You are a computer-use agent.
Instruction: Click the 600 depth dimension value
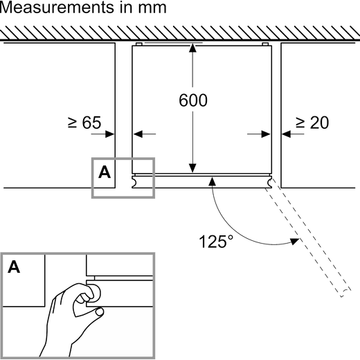pos(193,100)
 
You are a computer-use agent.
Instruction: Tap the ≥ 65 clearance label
pos(84,123)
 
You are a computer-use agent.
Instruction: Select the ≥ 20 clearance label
pos(312,123)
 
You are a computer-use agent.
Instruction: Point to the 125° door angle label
pos(216,242)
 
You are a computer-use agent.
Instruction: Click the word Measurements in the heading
pos(57,7)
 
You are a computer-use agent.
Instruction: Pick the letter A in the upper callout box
pos(105,172)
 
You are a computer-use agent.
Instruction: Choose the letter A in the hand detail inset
pos(14,267)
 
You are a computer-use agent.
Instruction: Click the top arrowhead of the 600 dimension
pos(192,48)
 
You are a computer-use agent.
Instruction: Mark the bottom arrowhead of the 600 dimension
pos(192,168)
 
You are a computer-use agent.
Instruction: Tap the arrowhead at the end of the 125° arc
pos(295,242)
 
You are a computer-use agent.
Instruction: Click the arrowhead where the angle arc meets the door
pos(212,181)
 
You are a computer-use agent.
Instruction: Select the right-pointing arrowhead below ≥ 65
pos(109,134)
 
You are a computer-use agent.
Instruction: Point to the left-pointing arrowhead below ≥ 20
pos(286,134)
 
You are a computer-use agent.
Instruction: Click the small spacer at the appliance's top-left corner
pos(139,44)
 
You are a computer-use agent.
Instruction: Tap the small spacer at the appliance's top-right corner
pos(265,44)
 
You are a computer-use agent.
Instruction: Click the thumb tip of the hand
pos(100,312)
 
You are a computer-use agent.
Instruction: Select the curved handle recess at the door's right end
pos(270,182)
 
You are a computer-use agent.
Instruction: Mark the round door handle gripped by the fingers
pos(95,294)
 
